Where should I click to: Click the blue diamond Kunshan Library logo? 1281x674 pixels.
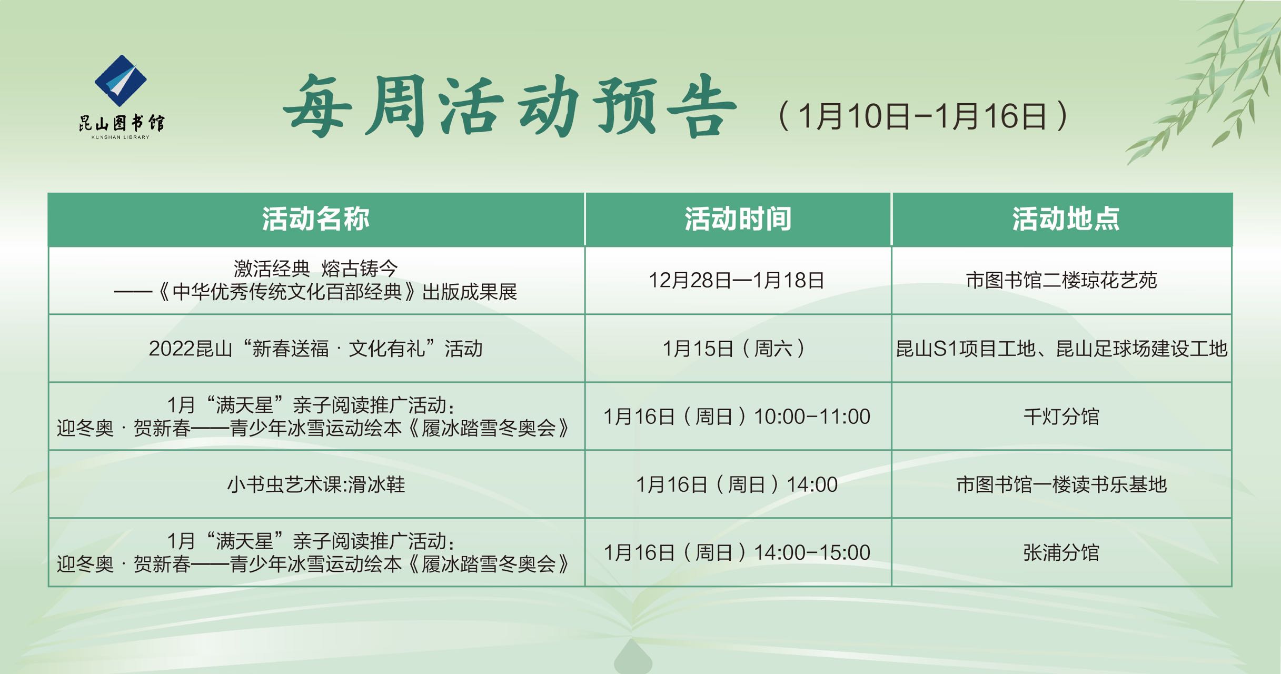tap(121, 81)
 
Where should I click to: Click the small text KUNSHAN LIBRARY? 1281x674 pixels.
tap(121, 137)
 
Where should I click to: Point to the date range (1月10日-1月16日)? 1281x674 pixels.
tap(922, 116)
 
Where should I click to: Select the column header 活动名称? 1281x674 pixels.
tap(316, 219)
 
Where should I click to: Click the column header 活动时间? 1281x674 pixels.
tap(738, 219)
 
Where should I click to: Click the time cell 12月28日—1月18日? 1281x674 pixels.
tap(737, 281)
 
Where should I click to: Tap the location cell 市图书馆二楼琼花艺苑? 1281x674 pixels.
tap(1061, 281)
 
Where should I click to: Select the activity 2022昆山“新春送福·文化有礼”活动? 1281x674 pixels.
tap(316, 349)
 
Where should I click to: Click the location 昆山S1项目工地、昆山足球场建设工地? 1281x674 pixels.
tap(1061, 349)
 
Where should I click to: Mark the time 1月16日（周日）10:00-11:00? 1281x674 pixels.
tap(737, 417)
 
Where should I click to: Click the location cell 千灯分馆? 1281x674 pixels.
tap(1061, 417)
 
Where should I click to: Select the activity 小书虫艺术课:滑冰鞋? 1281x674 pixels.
tap(316, 484)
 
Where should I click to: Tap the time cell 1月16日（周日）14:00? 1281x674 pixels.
tap(737, 484)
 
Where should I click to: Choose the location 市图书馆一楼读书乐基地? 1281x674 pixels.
tap(1061, 484)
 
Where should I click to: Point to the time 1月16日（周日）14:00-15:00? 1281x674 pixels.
tap(737, 552)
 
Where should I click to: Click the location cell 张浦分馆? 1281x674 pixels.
tap(1061, 552)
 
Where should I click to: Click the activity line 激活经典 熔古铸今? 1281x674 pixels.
tap(316, 269)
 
